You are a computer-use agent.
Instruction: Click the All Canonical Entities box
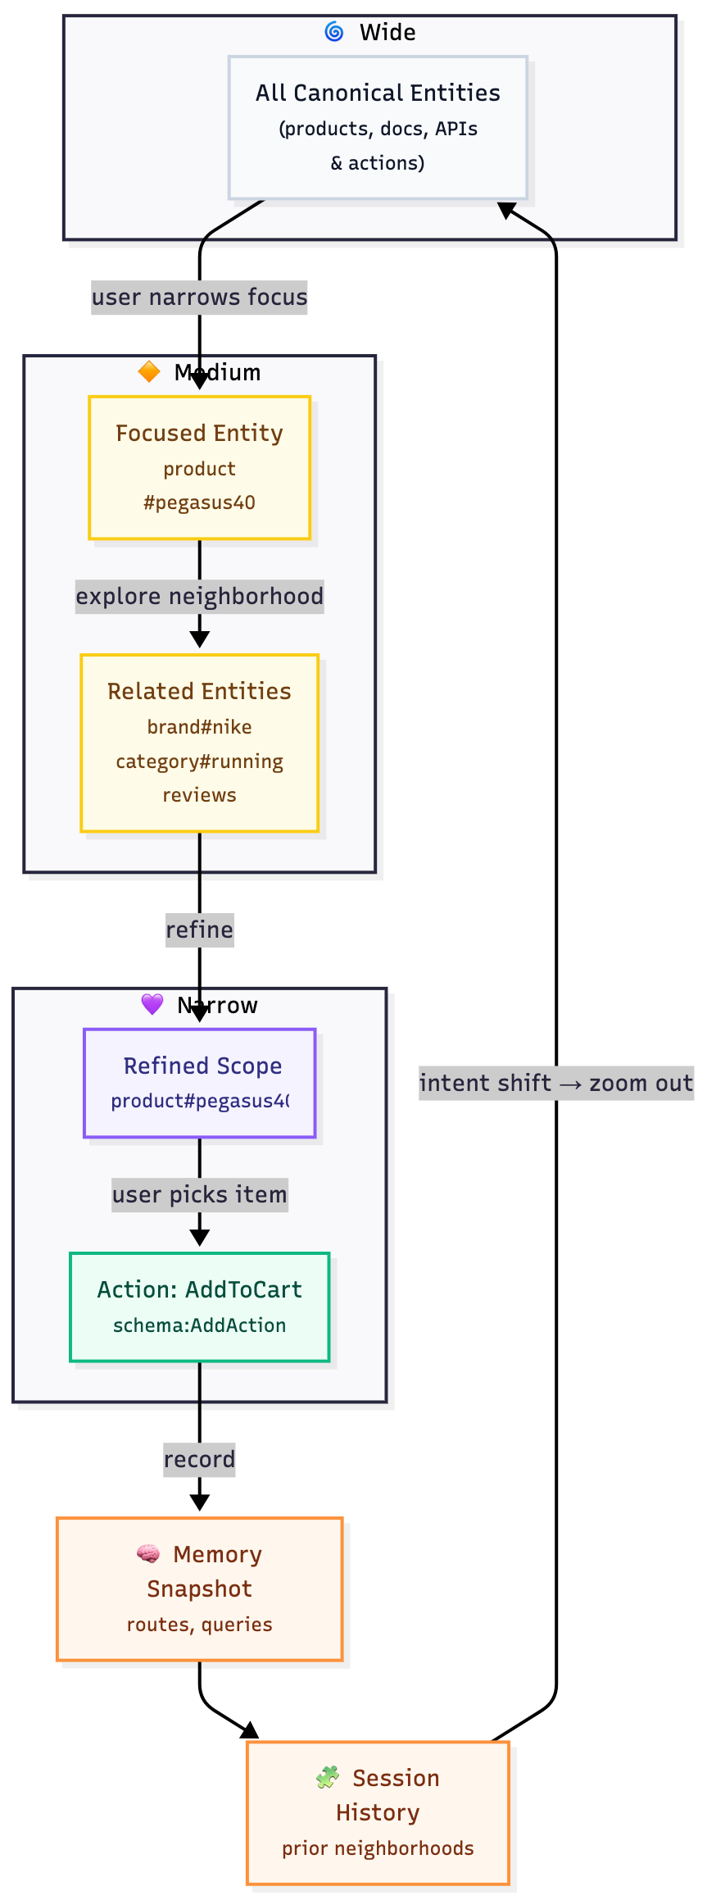(378, 128)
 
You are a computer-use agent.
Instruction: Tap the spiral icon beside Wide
(334, 32)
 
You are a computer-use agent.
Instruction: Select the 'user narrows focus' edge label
(199, 297)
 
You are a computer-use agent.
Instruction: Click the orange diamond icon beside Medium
(149, 372)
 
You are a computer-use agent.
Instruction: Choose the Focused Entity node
(199, 467)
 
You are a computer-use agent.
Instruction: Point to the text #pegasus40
(199, 502)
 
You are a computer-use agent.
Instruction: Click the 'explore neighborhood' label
(199, 596)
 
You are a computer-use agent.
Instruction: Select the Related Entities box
(199, 743)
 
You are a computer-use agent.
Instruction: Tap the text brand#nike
(199, 727)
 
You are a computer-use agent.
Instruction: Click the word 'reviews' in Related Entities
(199, 795)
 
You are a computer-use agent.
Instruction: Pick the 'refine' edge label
(199, 930)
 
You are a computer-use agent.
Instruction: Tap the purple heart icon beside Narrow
(152, 1004)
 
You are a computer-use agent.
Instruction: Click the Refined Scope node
(199, 1083)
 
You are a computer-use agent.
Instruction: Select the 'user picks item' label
(199, 1194)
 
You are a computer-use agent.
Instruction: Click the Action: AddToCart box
(199, 1307)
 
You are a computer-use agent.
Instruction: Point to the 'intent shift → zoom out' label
(555, 1083)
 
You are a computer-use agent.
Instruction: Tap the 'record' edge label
(199, 1459)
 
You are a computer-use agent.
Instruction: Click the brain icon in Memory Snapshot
(148, 1553)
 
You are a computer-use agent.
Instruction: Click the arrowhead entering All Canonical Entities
(506, 210)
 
